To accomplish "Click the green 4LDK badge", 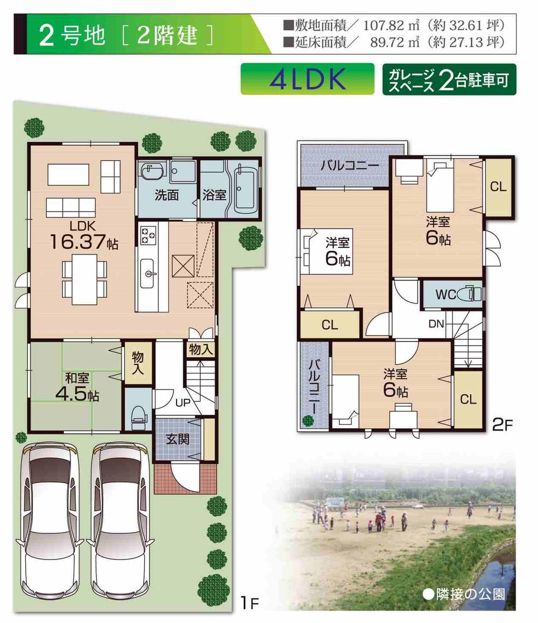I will pos(307,79).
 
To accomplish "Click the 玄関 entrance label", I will pos(177,439).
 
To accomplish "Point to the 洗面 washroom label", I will pos(167,195).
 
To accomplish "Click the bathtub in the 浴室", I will pos(245,188).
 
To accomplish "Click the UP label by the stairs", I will pos(181,401).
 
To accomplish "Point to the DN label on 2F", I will pos(436,324).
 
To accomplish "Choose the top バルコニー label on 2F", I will pos(343,165).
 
